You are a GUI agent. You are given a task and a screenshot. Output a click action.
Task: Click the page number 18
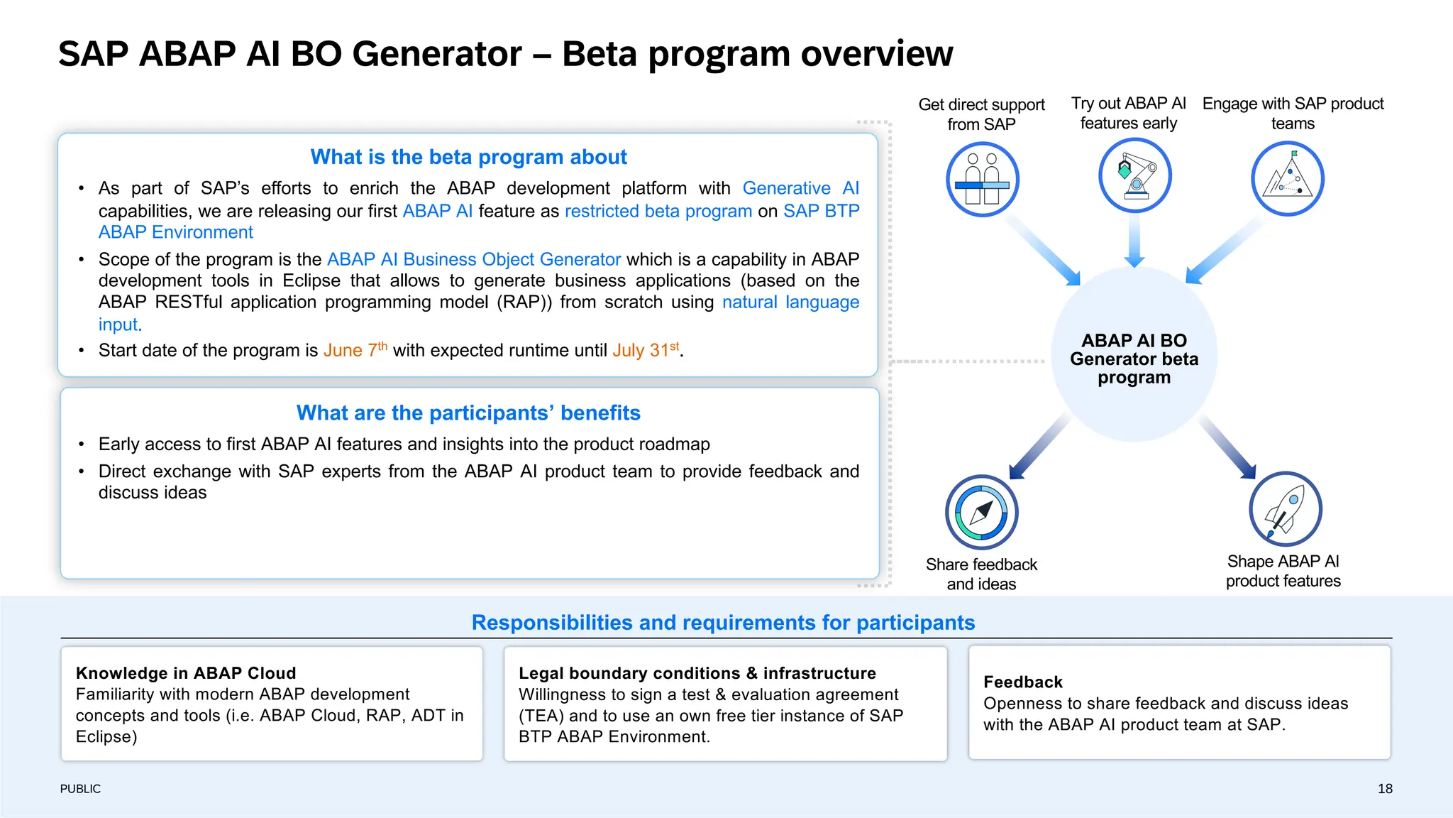1385,789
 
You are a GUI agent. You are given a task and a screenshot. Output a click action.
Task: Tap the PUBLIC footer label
80,789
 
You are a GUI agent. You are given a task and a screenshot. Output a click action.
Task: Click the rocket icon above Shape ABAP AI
1285,509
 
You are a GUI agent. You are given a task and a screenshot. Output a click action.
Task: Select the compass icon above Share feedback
981,512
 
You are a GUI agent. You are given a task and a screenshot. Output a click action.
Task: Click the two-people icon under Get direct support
982,179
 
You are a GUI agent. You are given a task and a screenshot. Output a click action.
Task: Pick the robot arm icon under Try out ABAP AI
1134,175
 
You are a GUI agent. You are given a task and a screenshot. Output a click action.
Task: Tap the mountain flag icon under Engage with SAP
1287,178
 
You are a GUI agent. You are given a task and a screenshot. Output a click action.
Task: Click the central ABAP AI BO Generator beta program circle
1134,359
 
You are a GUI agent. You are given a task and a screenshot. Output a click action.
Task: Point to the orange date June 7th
355,350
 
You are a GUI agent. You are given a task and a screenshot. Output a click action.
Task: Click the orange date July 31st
646,350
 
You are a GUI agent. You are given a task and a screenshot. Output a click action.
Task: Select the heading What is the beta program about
468,157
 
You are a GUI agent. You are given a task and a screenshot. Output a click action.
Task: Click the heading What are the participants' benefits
468,413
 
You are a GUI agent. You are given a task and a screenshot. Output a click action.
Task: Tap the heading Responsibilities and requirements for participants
723,623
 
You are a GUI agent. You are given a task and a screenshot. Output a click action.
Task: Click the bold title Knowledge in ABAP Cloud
186,673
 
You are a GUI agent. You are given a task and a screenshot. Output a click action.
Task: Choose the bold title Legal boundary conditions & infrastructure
697,673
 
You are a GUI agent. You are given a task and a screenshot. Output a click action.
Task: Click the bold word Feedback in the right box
1022,682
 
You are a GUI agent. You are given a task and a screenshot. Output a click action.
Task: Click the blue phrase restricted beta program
658,211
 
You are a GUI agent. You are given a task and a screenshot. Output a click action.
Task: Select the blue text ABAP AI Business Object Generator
473,259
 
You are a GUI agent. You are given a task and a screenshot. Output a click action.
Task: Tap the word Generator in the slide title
436,54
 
